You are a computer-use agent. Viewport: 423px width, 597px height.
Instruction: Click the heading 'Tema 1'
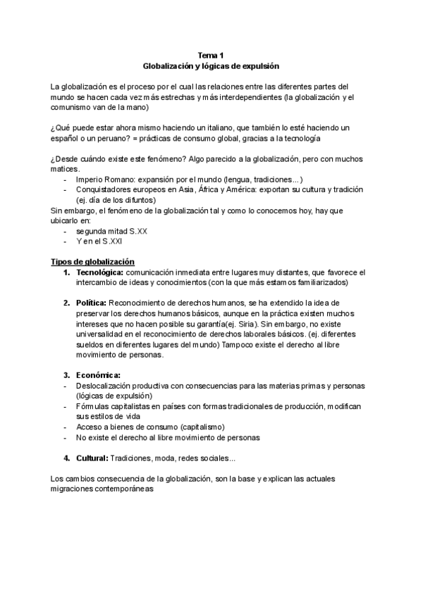coord(211,55)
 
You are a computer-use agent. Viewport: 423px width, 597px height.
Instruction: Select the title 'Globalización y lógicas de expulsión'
coord(211,65)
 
